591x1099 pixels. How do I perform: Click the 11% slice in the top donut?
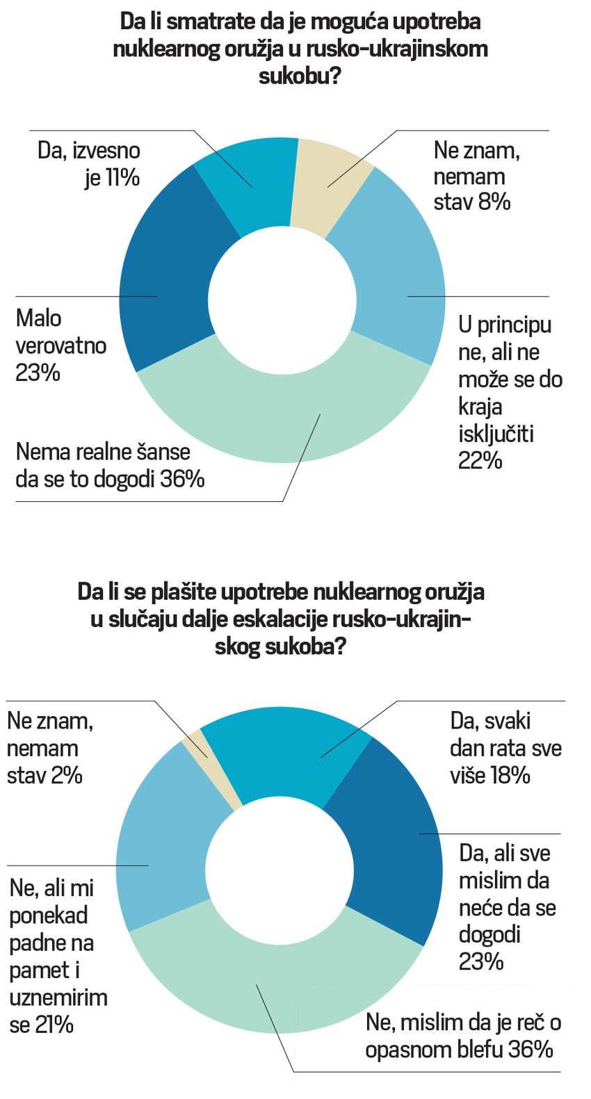click(247, 184)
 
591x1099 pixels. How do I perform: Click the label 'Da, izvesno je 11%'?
click(89, 164)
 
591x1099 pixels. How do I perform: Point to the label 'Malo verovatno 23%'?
click(60, 345)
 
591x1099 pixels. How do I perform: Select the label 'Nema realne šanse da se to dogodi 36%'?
click(110, 465)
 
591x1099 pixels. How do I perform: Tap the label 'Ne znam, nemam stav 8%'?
click(477, 176)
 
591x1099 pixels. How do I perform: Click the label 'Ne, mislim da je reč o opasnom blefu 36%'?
click(463, 1036)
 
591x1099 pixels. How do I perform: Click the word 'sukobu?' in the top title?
click(300, 75)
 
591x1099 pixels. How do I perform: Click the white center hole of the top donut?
click(282, 299)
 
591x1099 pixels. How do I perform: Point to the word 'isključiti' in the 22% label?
click(496, 433)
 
